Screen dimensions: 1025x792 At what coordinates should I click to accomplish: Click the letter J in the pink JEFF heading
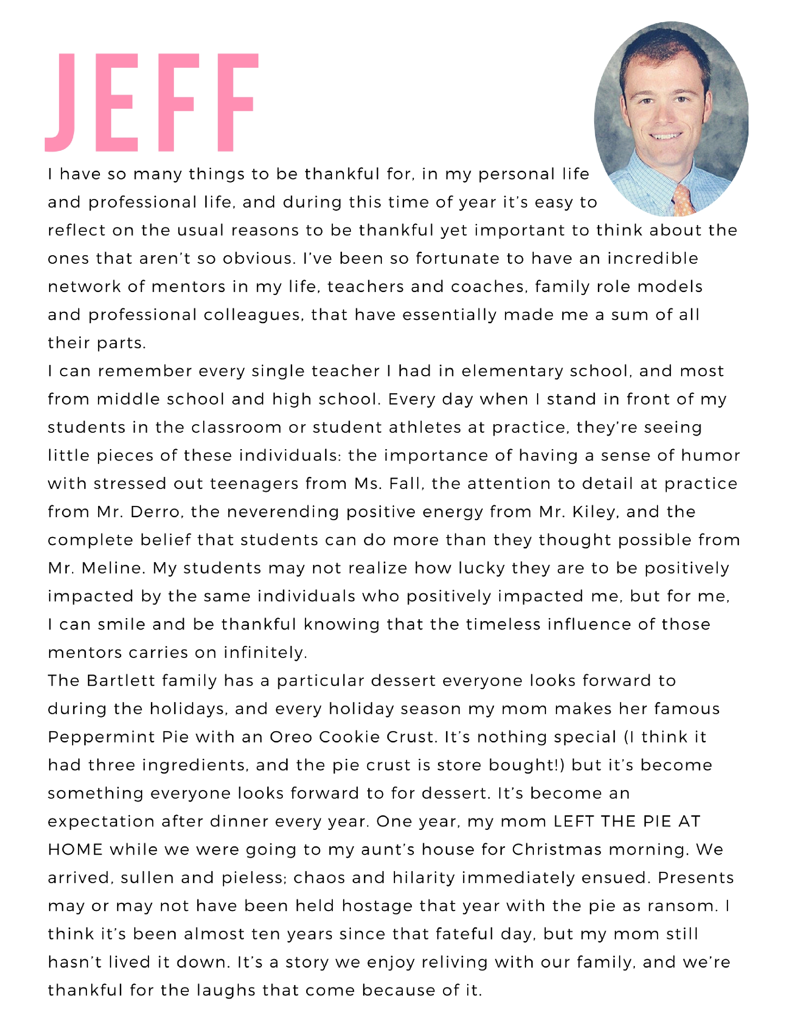point(61,103)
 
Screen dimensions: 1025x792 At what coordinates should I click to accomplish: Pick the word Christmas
point(557,850)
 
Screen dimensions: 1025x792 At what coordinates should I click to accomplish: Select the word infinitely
point(265,653)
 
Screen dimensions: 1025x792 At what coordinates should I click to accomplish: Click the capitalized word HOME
point(75,850)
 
